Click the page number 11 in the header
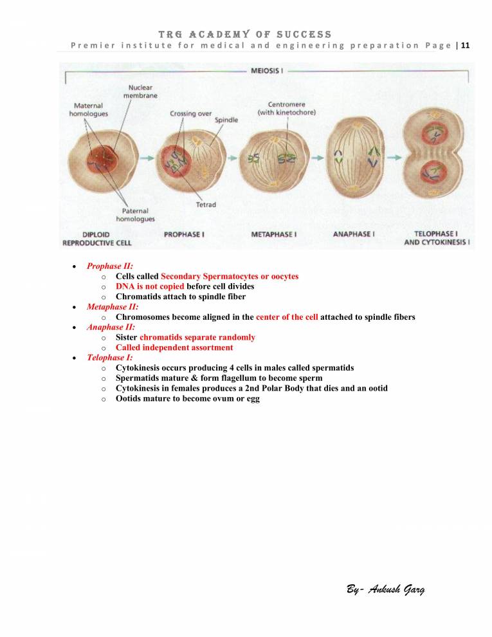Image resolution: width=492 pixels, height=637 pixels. coord(466,45)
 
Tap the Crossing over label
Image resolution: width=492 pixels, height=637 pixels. coord(190,113)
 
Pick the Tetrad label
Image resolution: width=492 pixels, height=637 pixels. coord(205,205)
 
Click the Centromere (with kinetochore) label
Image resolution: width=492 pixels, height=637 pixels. coord(286,108)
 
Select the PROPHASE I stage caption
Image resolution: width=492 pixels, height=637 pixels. coord(184,234)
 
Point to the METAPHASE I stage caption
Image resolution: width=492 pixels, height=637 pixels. coord(273,234)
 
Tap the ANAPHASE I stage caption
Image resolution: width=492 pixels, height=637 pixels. coord(352,234)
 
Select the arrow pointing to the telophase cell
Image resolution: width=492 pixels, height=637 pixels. coord(395,157)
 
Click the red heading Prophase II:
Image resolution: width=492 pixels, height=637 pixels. coord(110,266)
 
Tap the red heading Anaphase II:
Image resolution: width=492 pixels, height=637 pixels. coord(111,327)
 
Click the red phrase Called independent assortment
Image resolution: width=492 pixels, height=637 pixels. coord(174,347)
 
